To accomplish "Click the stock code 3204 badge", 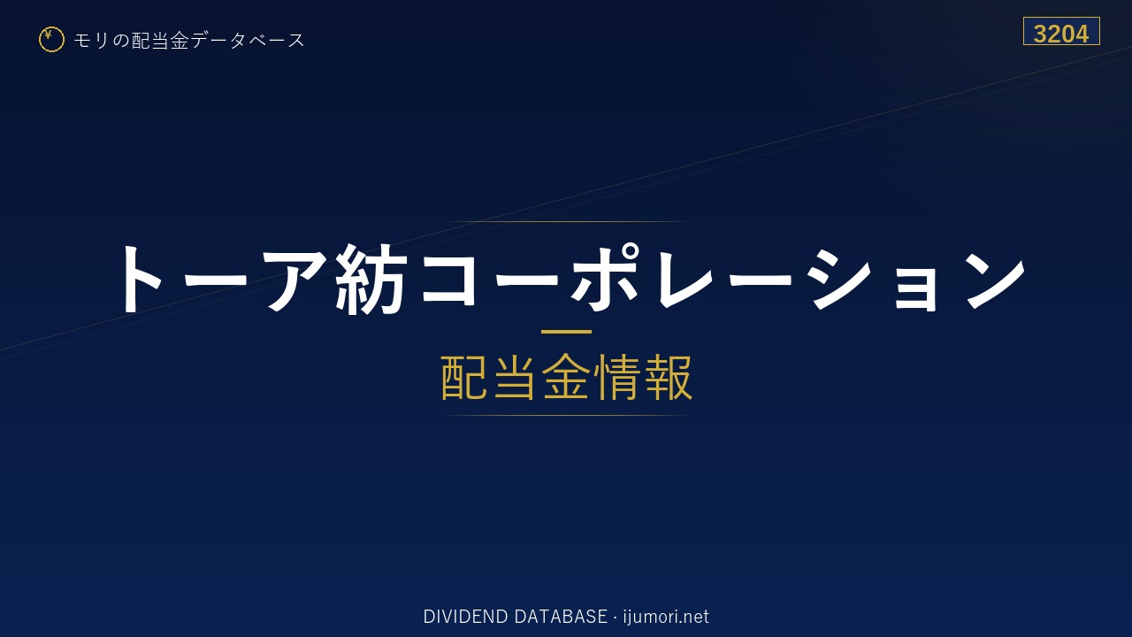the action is point(1061,31).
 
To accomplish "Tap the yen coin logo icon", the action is point(51,40).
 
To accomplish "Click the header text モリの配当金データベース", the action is point(189,41).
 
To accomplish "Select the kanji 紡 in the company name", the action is point(371,279).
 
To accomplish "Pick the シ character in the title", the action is point(840,279).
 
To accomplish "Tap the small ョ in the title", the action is point(915,288).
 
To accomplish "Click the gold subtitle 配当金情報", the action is point(567,378).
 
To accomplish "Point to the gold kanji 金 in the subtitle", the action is point(567,378).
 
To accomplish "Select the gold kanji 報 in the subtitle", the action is point(667,378).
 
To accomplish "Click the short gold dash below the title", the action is point(566,332).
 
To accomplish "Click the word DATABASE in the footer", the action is point(561,617).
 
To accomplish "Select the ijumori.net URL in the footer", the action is point(666,618).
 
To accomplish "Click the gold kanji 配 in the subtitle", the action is point(465,378).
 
